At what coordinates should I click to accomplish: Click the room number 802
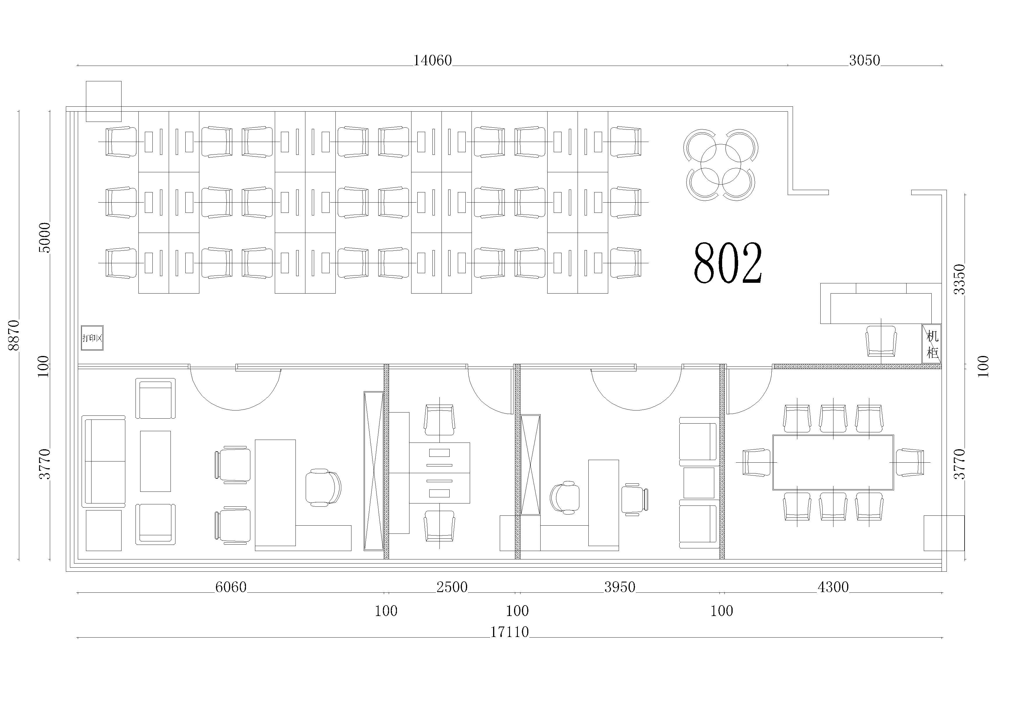[x=728, y=263]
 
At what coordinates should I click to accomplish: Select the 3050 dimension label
[x=864, y=60]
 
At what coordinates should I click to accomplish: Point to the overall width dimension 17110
[x=510, y=632]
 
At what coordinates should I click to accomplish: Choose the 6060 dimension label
[x=231, y=587]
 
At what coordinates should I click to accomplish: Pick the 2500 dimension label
[x=452, y=587]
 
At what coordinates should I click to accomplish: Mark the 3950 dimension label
[x=620, y=587]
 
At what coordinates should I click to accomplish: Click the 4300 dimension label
[x=833, y=587]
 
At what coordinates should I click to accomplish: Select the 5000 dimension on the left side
[x=45, y=238]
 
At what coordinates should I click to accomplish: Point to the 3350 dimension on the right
[x=959, y=279]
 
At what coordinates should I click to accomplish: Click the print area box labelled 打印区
[x=92, y=338]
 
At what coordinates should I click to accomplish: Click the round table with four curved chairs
[x=721, y=165]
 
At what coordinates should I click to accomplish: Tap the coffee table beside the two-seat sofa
[x=155, y=461]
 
